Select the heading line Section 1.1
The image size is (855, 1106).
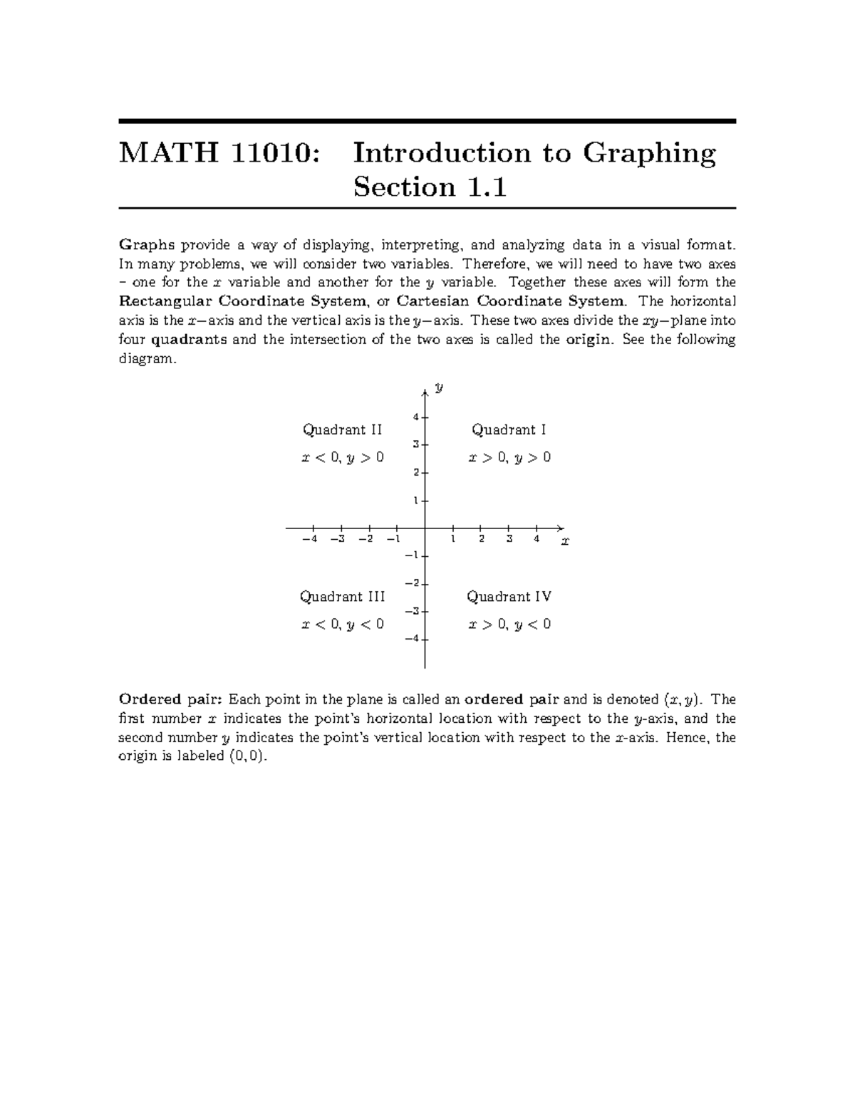[x=430, y=187]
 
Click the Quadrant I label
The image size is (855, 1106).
[x=509, y=430]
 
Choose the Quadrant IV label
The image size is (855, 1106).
[x=509, y=597]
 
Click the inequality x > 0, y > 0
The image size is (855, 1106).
[x=509, y=458]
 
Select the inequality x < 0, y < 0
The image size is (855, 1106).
[x=343, y=625]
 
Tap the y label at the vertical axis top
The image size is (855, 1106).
[x=440, y=388]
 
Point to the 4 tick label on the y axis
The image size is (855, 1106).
[x=415, y=417]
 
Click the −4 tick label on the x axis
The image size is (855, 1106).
[x=309, y=539]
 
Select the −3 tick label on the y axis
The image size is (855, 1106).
[x=411, y=611]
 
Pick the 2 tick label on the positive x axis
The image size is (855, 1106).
[x=482, y=539]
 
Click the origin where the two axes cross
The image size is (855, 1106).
[x=425, y=528]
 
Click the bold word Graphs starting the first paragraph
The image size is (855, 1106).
[x=146, y=246]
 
